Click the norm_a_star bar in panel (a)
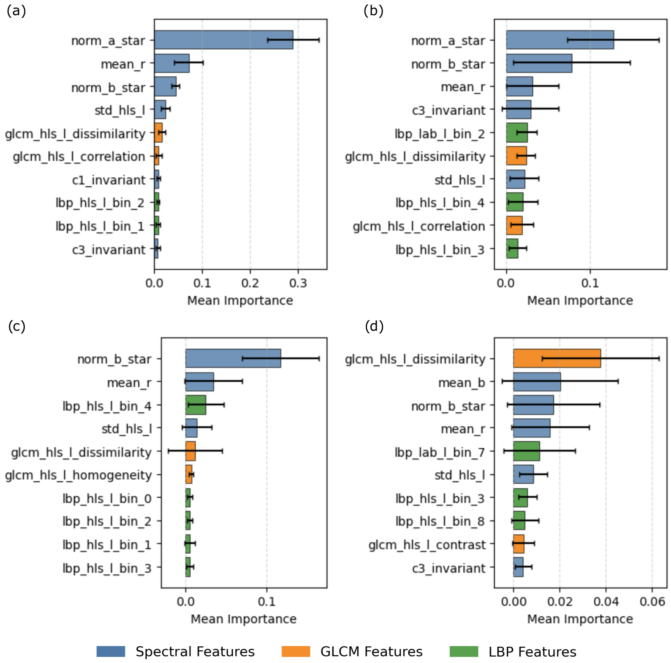224,40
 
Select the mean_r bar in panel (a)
172,63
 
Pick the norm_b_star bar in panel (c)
233,358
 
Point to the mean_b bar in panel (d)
537,382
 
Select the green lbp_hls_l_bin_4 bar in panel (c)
195,405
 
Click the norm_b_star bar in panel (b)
539,63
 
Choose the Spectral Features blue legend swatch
111,651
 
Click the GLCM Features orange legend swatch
296,651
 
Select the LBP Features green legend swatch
464,651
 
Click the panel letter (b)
373,11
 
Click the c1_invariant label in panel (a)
109,180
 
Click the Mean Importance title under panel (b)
580,301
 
